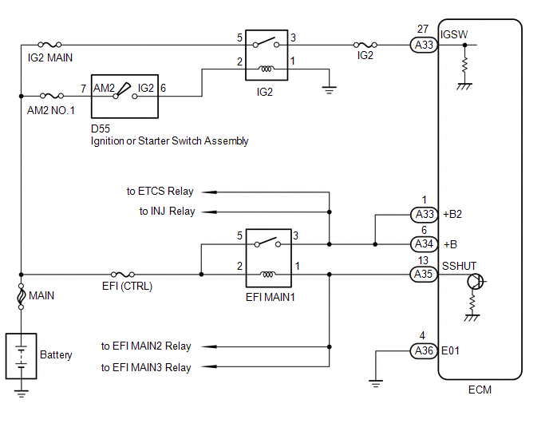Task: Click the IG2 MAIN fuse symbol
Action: click(49, 45)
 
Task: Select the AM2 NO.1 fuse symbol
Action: click(52, 96)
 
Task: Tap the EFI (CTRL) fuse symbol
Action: click(123, 275)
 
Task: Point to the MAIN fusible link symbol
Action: click(21, 296)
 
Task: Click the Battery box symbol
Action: click(21, 356)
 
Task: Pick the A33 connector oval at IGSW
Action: click(424, 45)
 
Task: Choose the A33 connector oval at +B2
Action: click(424, 215)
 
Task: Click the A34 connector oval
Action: click(424, 244)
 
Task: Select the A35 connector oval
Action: click(424, 275)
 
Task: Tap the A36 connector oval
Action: click(424, 350)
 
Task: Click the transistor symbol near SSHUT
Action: click(476, 281)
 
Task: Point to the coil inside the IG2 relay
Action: click(266, 69)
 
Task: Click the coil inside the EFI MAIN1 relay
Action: click(268, 275)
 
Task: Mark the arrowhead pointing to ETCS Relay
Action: click(209, 192)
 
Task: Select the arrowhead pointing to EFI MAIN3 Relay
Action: click(209, 366)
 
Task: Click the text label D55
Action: click(101, 129)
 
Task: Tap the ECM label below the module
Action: click(480, 390)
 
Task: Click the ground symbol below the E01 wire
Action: click(376, 384)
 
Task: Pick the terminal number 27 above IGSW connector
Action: click(423, 29)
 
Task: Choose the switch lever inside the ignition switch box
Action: click(123, 89)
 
